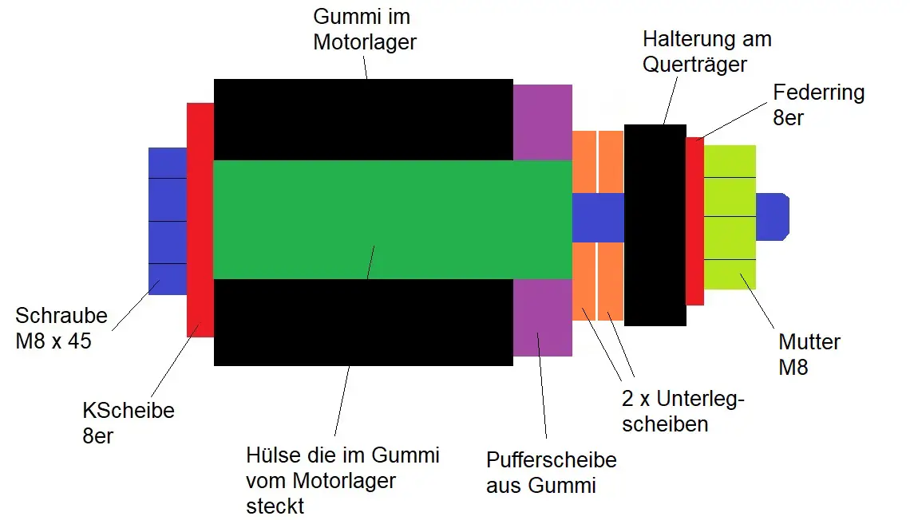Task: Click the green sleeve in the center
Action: [391, 219]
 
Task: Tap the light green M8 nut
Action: [730, 217]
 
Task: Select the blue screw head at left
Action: [167, 219]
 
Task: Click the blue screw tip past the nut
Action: [772, 216]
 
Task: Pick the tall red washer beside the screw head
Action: [200, 219]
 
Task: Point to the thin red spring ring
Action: [694, 221]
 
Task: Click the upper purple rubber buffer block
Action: [542, 122]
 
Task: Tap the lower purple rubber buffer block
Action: [542, 317]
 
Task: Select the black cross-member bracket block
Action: [655, 225]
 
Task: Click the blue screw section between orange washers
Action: [597, 217]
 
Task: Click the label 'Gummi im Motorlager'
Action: [364, 30]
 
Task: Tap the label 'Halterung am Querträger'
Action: [706, 50]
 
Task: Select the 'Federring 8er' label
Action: [818, 104]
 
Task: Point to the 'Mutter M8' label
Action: [809, 354]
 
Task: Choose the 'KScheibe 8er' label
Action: [128, 423]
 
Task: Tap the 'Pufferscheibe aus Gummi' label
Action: [551, 472]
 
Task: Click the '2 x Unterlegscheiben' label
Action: [682, 411]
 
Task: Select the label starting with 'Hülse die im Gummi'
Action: [342, 480]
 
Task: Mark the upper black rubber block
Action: [363, 120]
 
